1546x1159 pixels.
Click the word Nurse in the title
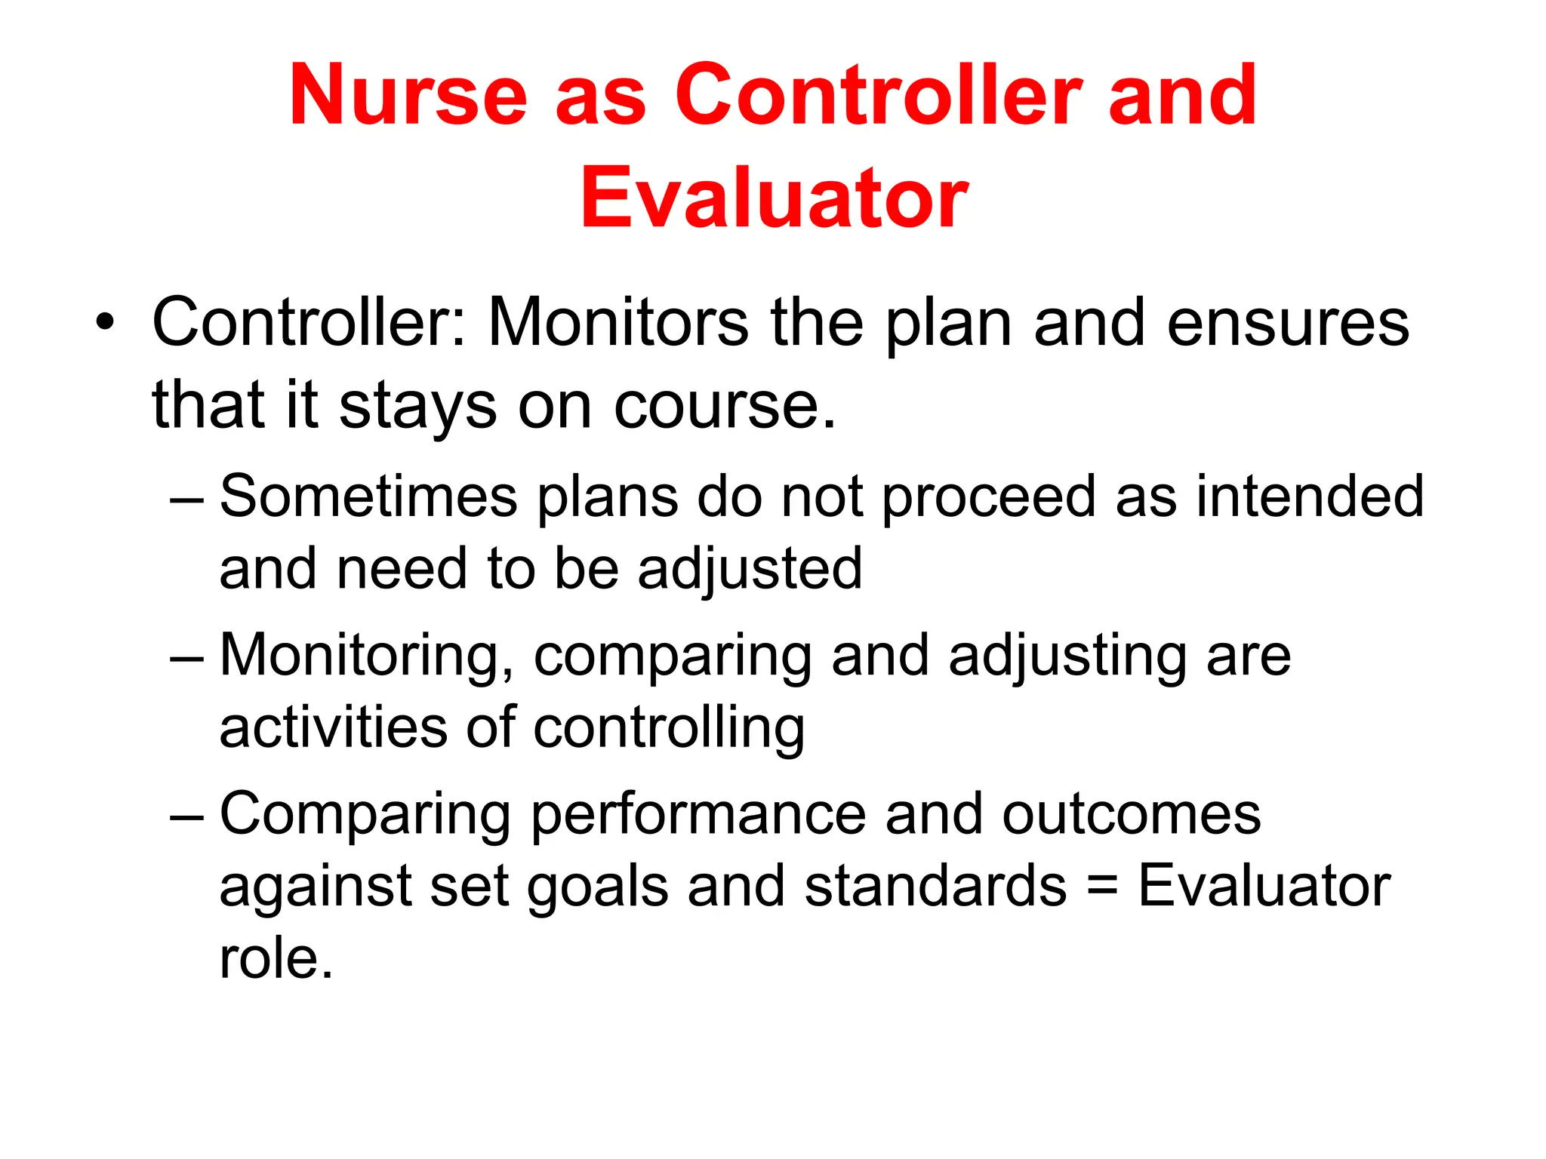point(408,96)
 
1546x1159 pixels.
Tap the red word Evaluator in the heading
point(773,198)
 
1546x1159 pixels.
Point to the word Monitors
point(618,323)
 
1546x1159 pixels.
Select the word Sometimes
point(369,496)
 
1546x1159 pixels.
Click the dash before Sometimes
point(186,500)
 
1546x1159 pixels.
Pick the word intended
point(1310,496)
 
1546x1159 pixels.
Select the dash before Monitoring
point(186,659)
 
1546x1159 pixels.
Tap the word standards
point(935,886)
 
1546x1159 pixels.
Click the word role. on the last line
point(276,958)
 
